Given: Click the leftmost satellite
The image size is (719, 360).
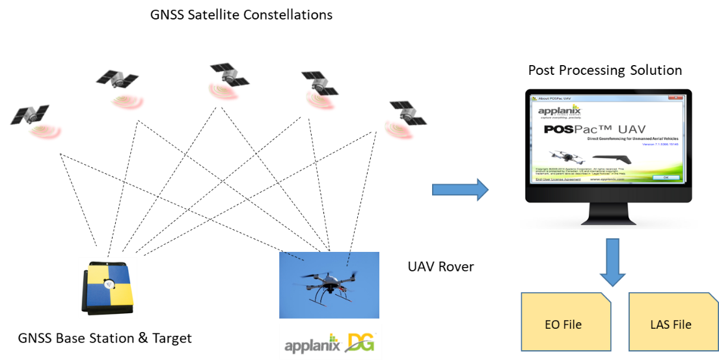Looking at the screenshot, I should [x=29, y=114].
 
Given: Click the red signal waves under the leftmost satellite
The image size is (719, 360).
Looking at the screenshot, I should [x=45, y=132].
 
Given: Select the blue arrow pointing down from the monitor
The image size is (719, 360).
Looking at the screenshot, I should [x=612, y=262].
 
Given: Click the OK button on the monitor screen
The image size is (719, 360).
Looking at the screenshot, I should [x=666, y=177].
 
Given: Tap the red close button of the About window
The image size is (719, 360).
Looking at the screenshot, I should [x=679, y=98].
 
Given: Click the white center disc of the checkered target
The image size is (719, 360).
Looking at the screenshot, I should [x=109, y=284].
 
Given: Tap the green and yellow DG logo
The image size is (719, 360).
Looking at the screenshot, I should [x=360, y=342].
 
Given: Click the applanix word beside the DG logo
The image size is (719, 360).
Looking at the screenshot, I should [x=312, y=343].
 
